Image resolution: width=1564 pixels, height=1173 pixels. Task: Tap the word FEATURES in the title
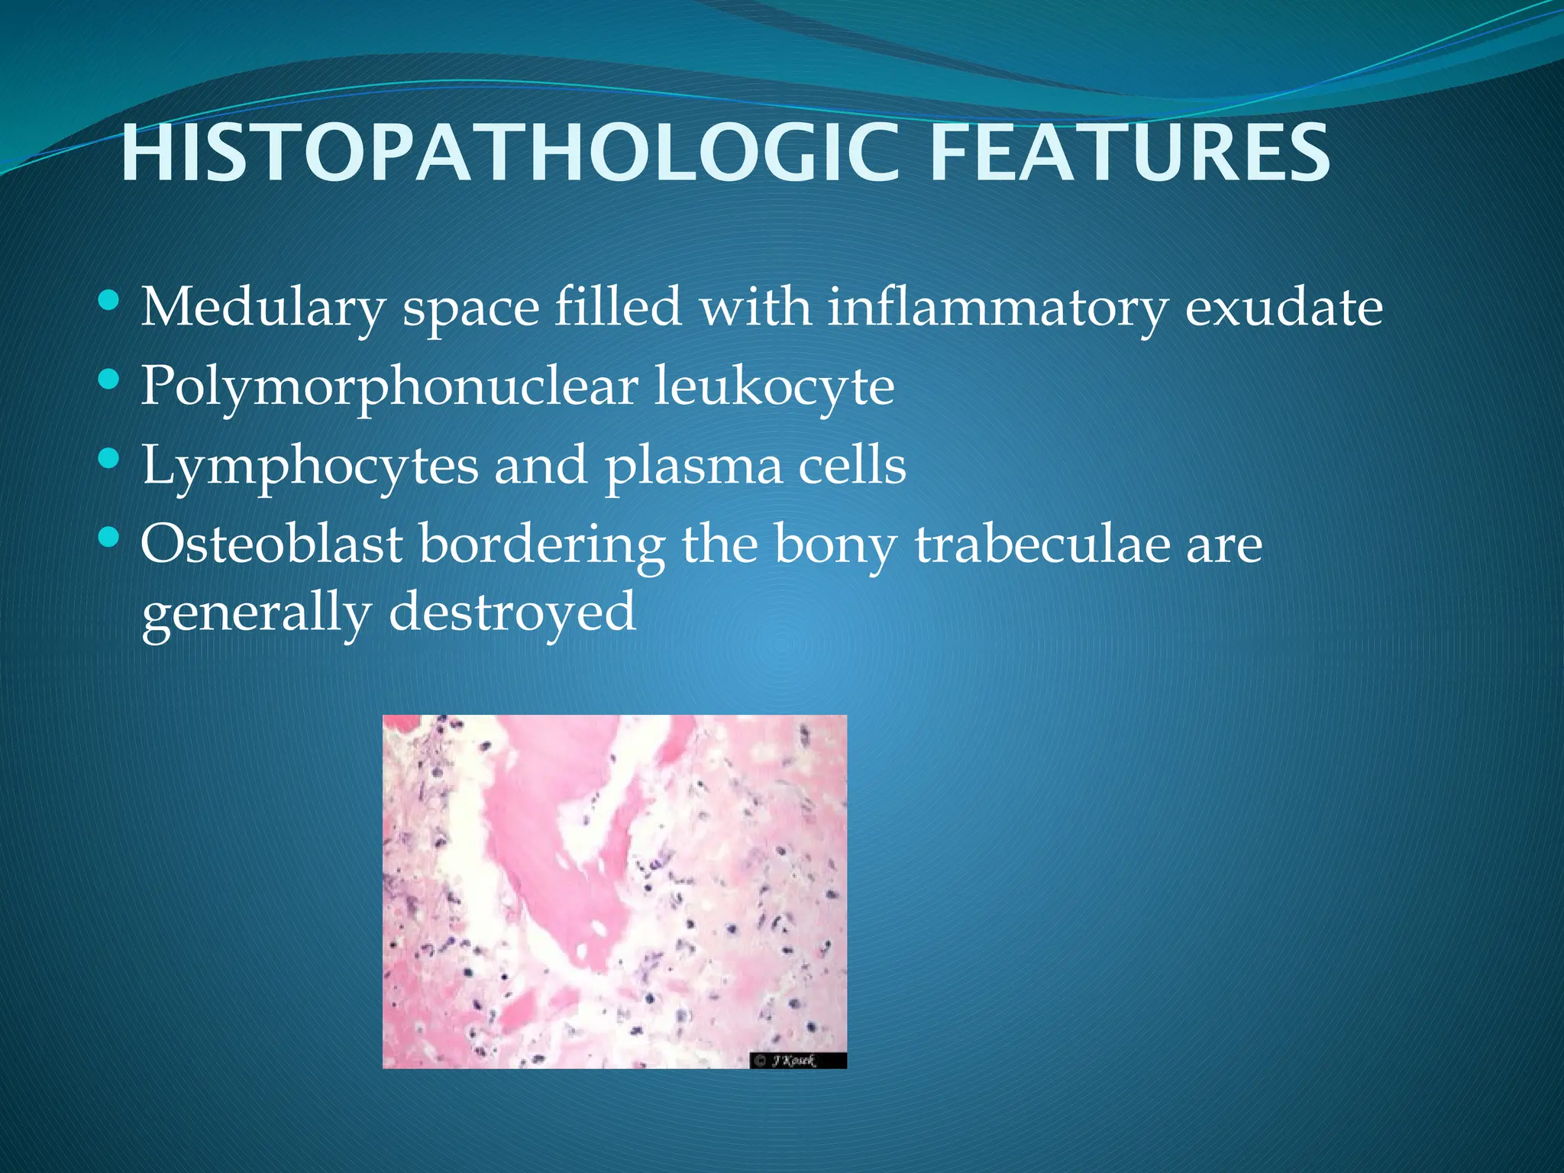pos(1129,154)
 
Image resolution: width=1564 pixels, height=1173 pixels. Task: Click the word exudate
pos(1283,307)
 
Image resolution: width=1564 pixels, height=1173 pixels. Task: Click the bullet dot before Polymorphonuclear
pos(109,379)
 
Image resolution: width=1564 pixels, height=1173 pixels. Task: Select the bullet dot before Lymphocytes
pos(109,458)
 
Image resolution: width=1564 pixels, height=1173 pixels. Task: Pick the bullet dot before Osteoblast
pos(109,538)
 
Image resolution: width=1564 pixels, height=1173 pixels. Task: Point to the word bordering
pos(541,546)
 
